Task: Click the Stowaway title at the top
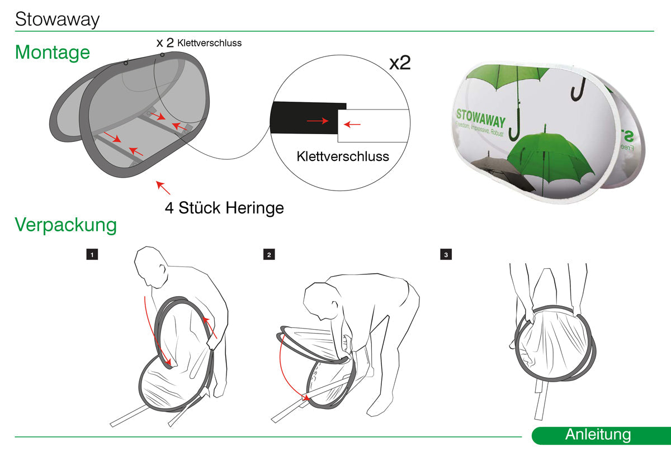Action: pyautogui.click(x=57, y=20)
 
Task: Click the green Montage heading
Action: pyautogui.click(x=52, y=53)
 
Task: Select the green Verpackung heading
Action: pyautogui.click(x=65, y=225)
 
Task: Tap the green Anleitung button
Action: pyautogui.click(x=598, y=435)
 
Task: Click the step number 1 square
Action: pyautogui.click(x=92, y=255)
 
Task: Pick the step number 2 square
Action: pyautogui.click(x=269, y=255)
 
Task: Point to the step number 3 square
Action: pyautogui.click(x=446, y=255)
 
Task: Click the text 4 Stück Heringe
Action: pyautogui.click(x=224, y=208)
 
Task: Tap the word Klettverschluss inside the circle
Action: pyautogui.click(x=342, y=156)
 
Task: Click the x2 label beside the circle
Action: pyautogui.click(x=400, y=63)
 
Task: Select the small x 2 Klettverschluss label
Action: pyautogui.click(x=199, y=42)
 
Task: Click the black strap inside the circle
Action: pyautogui.click(x=305, y=119)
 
